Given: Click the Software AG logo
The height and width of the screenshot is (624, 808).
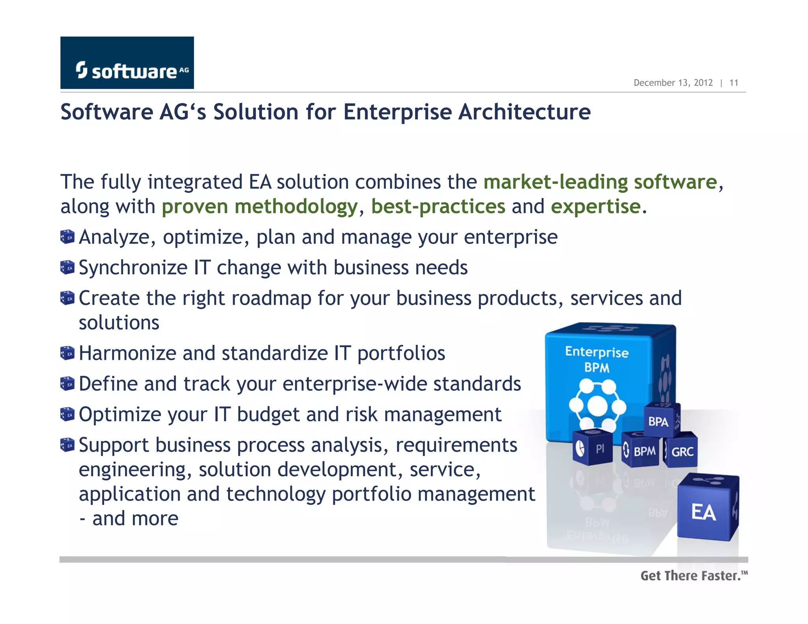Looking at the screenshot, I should click(127, 63).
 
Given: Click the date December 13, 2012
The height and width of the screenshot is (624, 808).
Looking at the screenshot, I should click(673, 83).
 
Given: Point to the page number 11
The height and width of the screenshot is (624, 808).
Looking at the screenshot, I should click(733, 83).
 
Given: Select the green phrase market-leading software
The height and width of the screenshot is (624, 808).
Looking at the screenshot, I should click(600, 182).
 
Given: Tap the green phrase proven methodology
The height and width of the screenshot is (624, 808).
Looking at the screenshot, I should click(259, 207).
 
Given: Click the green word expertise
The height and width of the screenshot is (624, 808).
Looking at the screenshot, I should click(596, 207).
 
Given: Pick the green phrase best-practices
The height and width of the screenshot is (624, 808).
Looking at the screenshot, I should click(438, 207).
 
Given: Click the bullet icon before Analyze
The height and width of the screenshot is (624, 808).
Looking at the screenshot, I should click(67, 237).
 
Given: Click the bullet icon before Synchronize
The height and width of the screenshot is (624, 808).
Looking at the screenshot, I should click(67, 267).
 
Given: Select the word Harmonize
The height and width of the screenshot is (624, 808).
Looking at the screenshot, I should click(127, 353).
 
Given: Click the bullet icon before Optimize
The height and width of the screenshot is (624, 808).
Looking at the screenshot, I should click(67, 414).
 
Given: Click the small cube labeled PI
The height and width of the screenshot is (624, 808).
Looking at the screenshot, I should click(593, 448).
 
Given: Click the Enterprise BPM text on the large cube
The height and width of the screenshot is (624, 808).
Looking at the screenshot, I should click(597, 359).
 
